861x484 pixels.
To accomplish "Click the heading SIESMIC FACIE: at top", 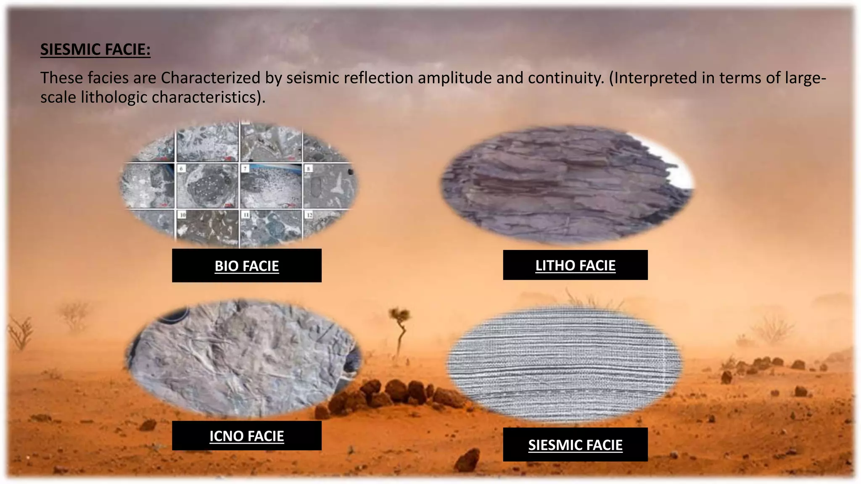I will click(95, 50).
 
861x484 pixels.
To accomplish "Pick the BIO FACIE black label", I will click(246, 266).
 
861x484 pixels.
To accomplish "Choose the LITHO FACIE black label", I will click(575, 265).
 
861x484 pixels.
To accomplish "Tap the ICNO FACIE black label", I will click(246, 436).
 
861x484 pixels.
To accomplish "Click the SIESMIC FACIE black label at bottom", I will click(575, 445).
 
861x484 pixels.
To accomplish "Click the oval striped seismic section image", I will click(563, 363).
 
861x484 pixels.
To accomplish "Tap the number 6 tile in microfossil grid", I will click(207, 186).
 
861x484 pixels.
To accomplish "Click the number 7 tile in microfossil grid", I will click(271, 186).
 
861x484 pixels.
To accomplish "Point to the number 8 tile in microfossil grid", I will click(328, 186).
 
